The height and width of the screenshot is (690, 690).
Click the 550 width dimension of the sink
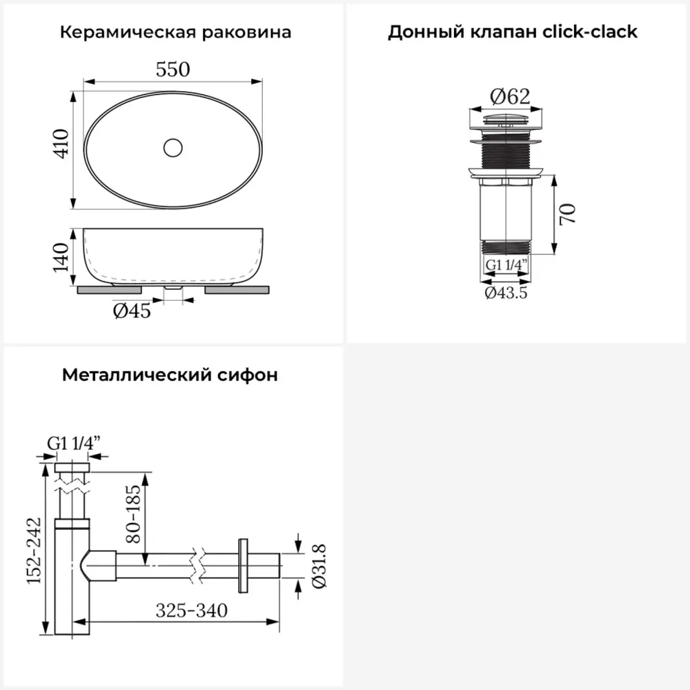click(x=173, y=69)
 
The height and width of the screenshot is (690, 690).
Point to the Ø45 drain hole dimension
click(x=132, y=311)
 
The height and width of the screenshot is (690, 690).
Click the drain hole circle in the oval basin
click(x=172, y=147)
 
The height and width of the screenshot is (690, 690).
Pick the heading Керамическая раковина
click(x=175, y=32)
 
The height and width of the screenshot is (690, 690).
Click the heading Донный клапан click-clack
click(x=513, y=32)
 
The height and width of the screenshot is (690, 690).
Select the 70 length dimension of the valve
click(x=568, y=215)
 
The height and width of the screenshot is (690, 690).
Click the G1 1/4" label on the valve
click(x=507, y=264)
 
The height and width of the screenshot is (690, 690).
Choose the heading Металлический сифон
click(x=170, y=375)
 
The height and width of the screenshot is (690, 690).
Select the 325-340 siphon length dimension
click(x=191, y=611)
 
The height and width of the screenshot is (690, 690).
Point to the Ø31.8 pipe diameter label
click(x=319, y=566)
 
